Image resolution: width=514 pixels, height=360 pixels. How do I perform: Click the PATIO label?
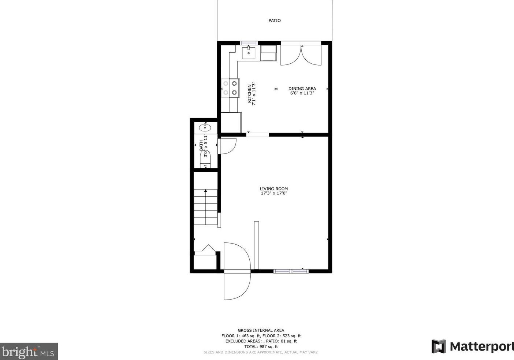pos(275,21)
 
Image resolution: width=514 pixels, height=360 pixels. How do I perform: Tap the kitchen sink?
pos(249,52)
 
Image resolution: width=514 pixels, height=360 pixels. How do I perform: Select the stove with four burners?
pos(230,88)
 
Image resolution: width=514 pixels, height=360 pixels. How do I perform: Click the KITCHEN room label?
pos(249,94)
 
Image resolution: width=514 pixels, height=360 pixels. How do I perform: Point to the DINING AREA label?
pos(302,88)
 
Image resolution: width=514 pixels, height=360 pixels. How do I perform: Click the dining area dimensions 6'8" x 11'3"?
pos(302,93)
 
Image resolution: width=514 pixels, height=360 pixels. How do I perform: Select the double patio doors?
pos(301,55)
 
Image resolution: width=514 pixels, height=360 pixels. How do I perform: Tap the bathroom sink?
pos(205,127)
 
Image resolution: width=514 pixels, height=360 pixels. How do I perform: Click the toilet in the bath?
pos(205,160)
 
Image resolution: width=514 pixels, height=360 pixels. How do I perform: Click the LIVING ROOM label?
pos(274,189)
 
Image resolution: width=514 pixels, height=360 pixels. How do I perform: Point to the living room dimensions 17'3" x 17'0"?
pos(274,193)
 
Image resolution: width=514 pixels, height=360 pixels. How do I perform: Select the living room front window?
pos(291,271)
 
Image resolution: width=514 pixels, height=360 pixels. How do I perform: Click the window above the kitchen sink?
pos(249,43)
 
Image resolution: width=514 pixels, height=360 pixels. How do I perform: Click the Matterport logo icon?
pos(439,346)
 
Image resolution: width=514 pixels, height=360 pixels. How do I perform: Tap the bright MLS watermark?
pos(29,352)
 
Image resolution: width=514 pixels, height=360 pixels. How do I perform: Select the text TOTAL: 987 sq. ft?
pos(261,346)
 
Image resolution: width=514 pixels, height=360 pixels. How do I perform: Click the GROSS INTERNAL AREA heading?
pos(261,330)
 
